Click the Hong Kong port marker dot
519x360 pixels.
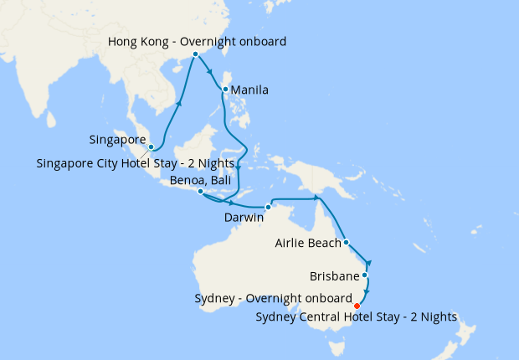click(x=196, y=54)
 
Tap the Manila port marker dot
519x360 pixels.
click(x=225, y=90)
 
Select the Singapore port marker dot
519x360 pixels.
click(x=151, y=147)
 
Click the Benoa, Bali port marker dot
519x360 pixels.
click(x=199, y=192)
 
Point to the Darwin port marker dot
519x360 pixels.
click(x=268, y=207)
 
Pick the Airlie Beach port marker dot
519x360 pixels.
click(x=346, y=244)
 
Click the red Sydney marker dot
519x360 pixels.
click(x=357, y=306)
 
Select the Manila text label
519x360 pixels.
click(x=249, y=90)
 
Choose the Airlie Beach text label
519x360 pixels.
click(x=308, y=244)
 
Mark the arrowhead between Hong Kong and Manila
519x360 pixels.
click(x=210, y=72)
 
